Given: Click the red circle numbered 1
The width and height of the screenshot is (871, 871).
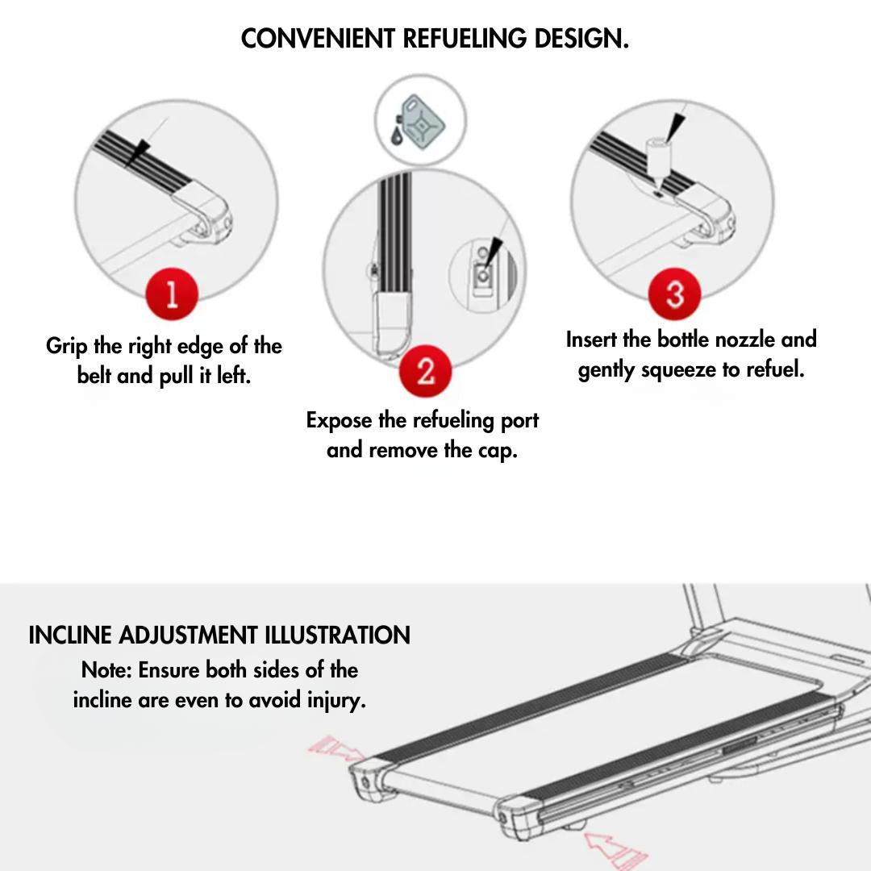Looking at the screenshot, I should [x=172, y=294].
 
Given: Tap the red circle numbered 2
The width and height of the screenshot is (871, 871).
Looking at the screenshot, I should [x=426, y=370].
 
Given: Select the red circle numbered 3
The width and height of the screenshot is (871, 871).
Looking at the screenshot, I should [x=675, y=294].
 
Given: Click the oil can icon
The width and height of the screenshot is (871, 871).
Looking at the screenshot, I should [x=420, y=121].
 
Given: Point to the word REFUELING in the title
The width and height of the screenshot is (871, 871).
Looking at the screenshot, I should [x=465, y=39].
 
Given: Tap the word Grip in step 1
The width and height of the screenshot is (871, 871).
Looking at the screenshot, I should [x=67, y=347].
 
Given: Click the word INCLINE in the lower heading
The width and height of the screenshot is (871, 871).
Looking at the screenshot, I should [x=70, y=636].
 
